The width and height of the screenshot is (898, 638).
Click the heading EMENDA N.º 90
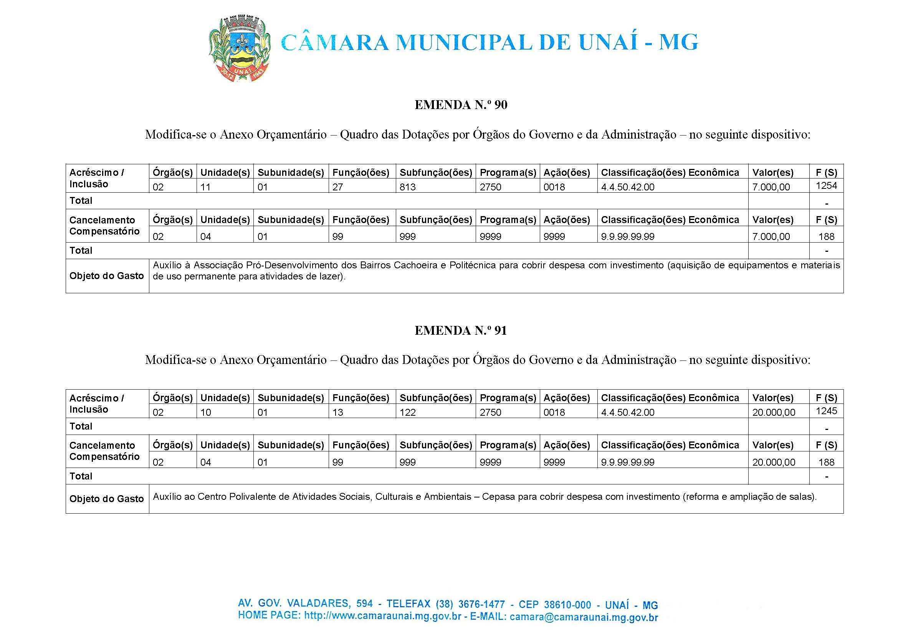(x=461, y=105)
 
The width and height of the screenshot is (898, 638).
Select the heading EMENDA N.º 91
(x=461, y=331)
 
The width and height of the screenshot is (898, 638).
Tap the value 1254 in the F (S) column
(x=826, y=185)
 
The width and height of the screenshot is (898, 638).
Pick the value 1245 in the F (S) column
(x=826, y=411)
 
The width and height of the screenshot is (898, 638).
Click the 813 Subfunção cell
(x=407, y=187)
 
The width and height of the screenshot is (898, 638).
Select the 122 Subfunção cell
(x=407, y=413)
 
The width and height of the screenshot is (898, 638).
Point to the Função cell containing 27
(x=337, y=187)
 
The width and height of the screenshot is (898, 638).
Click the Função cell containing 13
(x=337, y=413)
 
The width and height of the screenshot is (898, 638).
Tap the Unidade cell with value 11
(x=205, y=187)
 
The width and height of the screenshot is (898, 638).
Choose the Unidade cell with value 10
(x=205, y=413)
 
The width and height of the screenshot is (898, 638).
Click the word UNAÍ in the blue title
(x=608, y=43)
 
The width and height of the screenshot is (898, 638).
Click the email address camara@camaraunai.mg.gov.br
(x=583, y=617)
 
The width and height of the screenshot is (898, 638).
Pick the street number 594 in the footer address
(x=364, y=603)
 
